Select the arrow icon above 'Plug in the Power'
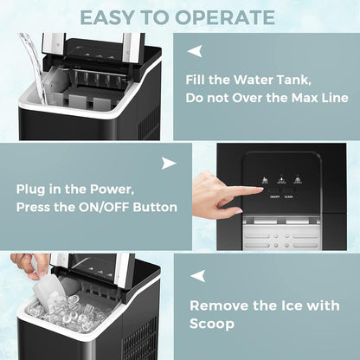point(169,164)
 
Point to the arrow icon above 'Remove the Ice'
point(198,276)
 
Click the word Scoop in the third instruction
point(213,324)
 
